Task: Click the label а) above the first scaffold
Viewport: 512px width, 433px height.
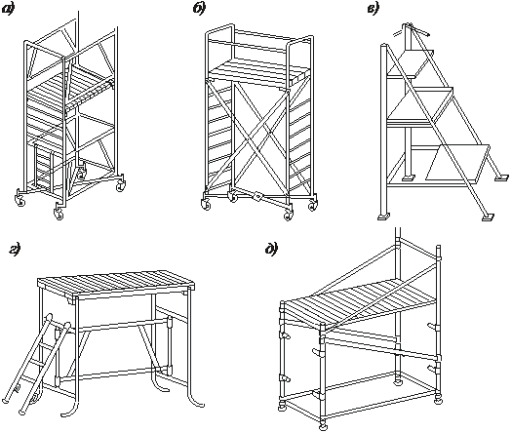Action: coord(8,10)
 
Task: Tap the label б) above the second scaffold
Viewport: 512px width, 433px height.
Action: coord(199,9)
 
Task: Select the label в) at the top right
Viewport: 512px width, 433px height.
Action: coord(373,9)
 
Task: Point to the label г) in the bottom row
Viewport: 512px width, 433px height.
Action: coord(15,250)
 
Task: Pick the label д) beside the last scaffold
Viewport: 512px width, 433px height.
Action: coord(271,249)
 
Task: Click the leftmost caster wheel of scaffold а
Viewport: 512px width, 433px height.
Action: coord(19,199)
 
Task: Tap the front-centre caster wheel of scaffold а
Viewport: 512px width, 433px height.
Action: coord(59,213)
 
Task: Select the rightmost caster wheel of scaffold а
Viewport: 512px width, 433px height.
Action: coord(120,183)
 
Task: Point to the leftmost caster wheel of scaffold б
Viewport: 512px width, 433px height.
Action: coord(206,203)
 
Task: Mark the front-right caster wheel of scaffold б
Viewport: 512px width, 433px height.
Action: coord(288,214)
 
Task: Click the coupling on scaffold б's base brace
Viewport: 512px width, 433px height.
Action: coord(258,196)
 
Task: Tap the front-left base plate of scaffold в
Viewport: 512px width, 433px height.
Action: coord(383,216)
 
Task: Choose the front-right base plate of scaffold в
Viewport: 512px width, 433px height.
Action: coord(488,216)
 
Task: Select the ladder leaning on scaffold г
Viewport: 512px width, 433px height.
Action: coord(36,364)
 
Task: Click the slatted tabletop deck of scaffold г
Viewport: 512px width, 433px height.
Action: coord(117,284)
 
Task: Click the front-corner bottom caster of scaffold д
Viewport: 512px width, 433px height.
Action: coord(323,425)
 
